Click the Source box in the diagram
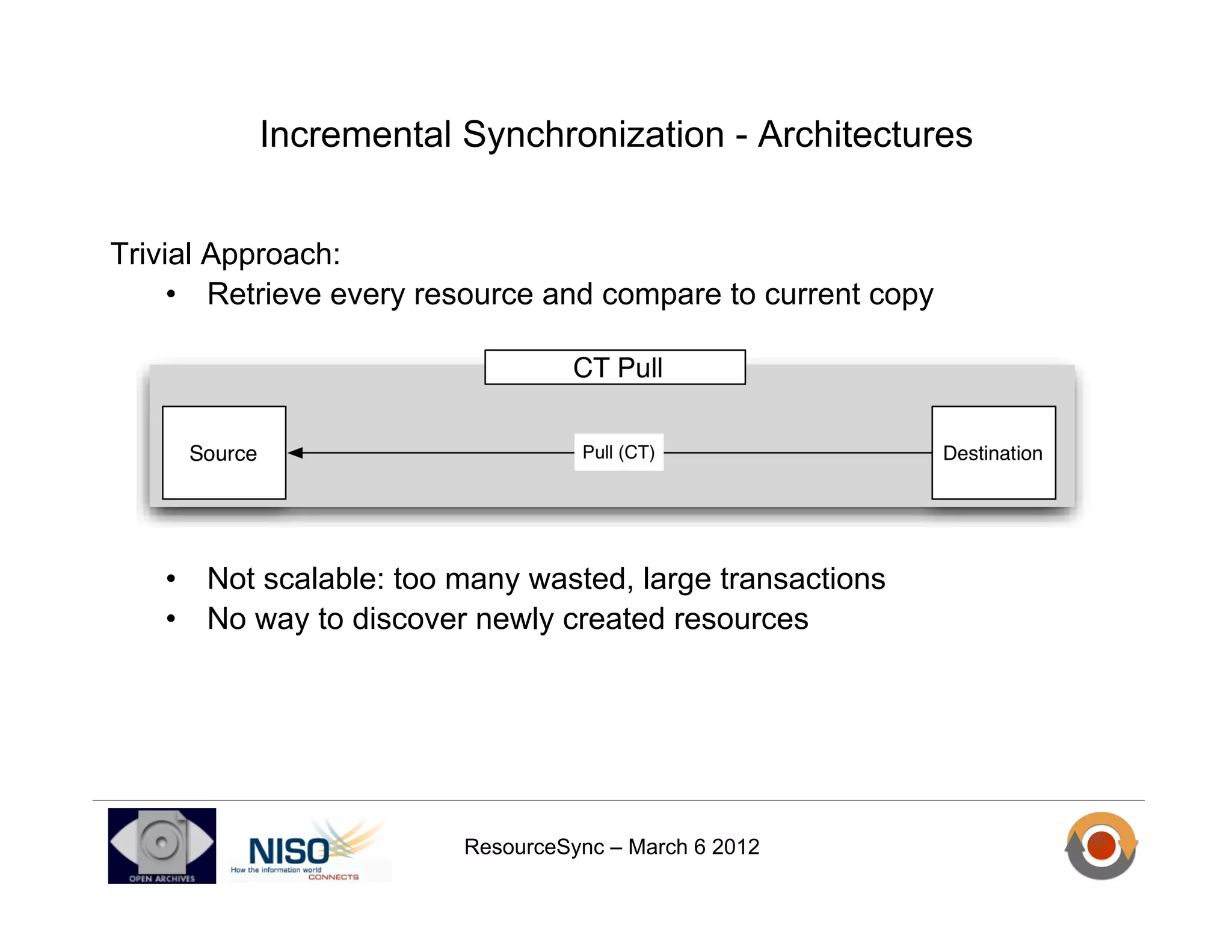(224, 453)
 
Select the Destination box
(993, 453)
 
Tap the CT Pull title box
(615, 367)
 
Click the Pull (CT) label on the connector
(618, 452)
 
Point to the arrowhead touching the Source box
(295, 453)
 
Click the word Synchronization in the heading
(593, 135)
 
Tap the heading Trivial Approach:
(225, 254)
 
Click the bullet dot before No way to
(171, 619)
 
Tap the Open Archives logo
(162, 845)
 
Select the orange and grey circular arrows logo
(1101, 845)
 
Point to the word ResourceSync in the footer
(534, 847)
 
